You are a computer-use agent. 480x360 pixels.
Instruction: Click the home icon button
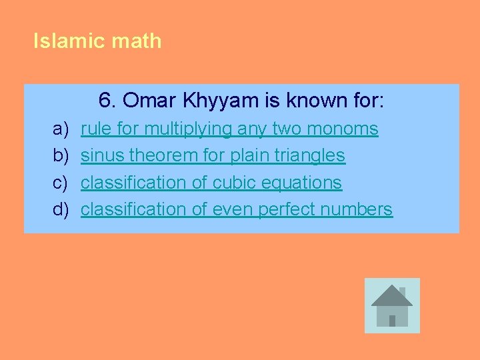click(x=392, y=305)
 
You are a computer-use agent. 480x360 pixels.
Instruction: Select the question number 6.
click(x=107, y=101)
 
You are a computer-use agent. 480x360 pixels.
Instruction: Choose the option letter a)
click(x=61, y=129)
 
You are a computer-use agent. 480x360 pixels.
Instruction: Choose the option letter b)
click(x=61, y=155)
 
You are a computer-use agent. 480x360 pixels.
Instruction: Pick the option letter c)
click(x=61, y=182)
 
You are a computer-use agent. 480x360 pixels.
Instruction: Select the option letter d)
click(x=61, y=209)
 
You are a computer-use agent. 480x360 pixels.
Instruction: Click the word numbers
click(x=356, y=209)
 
